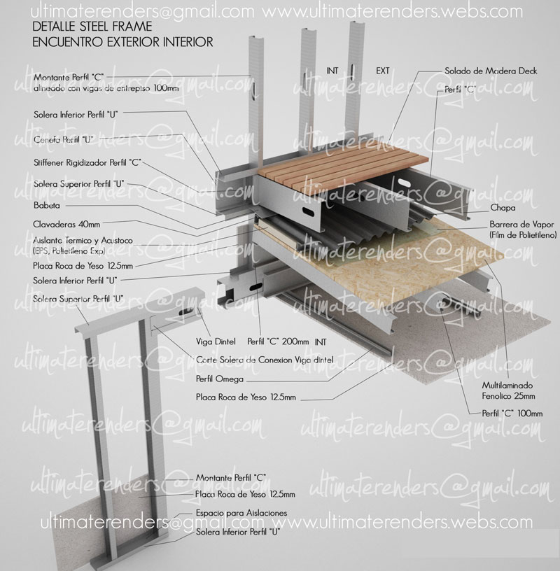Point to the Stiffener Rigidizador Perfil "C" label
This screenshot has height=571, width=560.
(87, 162)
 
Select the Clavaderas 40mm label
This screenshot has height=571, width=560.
(66, 225)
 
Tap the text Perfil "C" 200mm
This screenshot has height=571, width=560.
(278, 342)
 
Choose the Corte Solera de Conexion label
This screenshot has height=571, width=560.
(265, 360)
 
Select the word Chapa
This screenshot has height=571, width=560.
(500, 208)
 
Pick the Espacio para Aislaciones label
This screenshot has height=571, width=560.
(241, 513)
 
